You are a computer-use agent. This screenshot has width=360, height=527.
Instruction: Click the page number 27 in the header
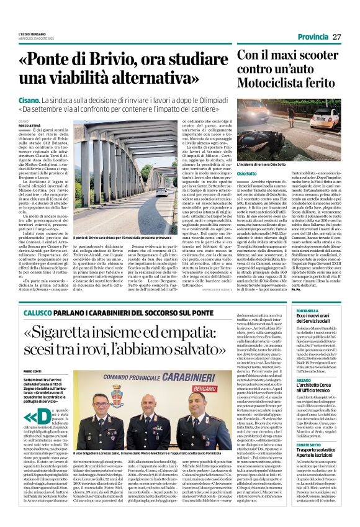click(x=336, y=37)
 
